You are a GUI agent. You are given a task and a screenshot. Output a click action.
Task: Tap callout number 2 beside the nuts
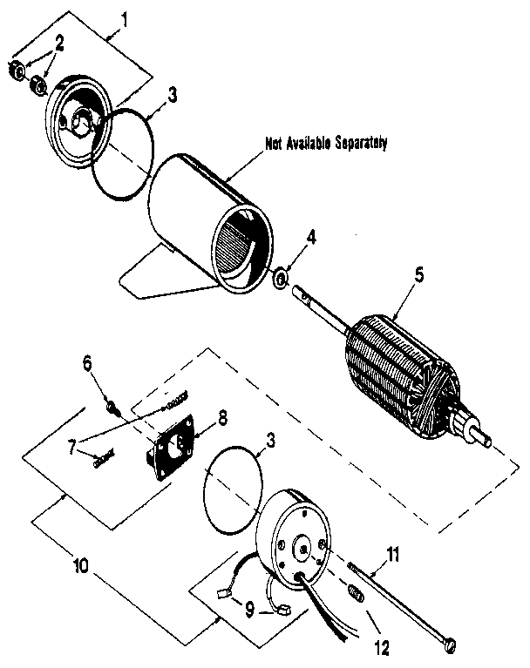pos(59,43)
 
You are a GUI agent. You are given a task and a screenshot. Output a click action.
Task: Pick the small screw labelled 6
pos(112,404)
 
